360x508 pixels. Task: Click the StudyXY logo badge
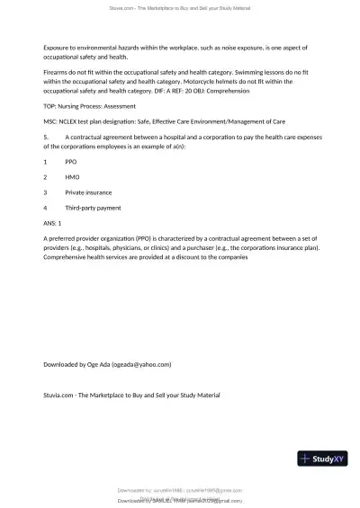tap(322, 459)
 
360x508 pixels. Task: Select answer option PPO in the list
tap(72, 161)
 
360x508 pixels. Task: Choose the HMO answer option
tap(73, 177)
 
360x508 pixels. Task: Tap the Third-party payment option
tap(93, 208)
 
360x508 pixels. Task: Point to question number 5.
tap(45, 137)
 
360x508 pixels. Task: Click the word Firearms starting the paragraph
tap(57, 69)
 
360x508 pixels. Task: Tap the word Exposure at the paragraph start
tap(58, 46)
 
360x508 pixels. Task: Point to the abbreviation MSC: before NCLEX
tap(50, 120)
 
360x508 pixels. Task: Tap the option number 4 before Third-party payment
tap(45, 208)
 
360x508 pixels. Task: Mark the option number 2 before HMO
tap(45, 177)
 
